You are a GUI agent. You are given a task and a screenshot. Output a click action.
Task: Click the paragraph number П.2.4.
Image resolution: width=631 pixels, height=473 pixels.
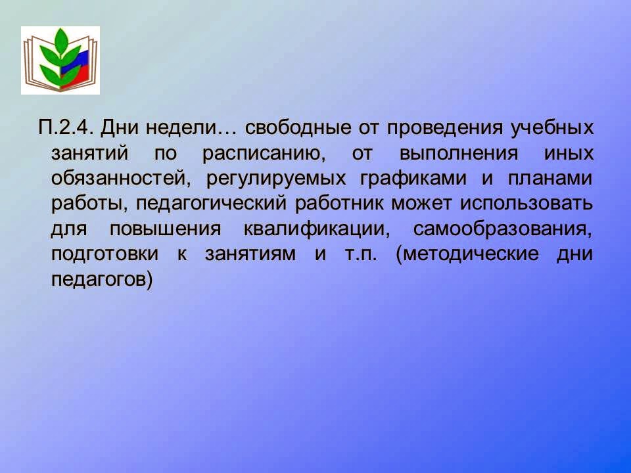(66, 128)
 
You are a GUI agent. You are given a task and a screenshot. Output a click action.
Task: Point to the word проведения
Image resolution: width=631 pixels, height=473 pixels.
(445, 129)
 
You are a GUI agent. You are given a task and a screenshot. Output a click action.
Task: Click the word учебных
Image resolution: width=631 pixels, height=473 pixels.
(552, 128)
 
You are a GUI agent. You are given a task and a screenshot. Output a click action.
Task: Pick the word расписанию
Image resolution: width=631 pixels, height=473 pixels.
(264, 154)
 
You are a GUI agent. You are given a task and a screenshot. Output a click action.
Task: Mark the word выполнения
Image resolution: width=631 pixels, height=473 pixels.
(459, 154)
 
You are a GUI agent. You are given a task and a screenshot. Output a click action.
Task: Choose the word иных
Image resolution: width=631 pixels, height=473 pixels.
(569, 154)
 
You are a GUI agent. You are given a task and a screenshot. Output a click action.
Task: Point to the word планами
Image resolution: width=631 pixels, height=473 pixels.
(550, 179)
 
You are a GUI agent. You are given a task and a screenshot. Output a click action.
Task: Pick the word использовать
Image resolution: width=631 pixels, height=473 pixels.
(526, 204)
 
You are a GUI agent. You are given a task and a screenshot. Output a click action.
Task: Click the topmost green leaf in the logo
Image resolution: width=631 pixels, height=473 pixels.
(60, 41)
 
